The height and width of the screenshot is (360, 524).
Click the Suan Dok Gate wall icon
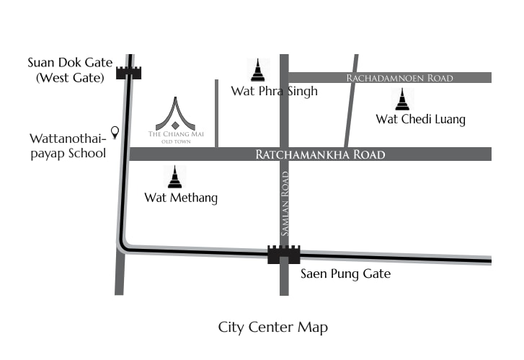130,71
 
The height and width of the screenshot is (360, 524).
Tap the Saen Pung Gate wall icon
284,254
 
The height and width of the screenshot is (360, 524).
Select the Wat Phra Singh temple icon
257,70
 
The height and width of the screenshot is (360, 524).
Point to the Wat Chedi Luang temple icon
402,98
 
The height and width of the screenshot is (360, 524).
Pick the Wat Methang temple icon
175,177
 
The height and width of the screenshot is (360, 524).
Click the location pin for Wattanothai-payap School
114,132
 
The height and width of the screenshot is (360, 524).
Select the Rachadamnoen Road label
399,78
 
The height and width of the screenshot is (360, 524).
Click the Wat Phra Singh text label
274,92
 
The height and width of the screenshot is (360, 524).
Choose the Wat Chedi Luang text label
421,120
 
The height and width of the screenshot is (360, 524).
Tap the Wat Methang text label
181,197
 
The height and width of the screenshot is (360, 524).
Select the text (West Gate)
70,76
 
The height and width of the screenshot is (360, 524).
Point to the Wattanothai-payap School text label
68,145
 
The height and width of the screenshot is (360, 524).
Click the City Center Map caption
273,328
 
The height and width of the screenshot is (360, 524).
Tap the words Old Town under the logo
175,141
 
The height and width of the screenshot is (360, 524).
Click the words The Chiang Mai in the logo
175,134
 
